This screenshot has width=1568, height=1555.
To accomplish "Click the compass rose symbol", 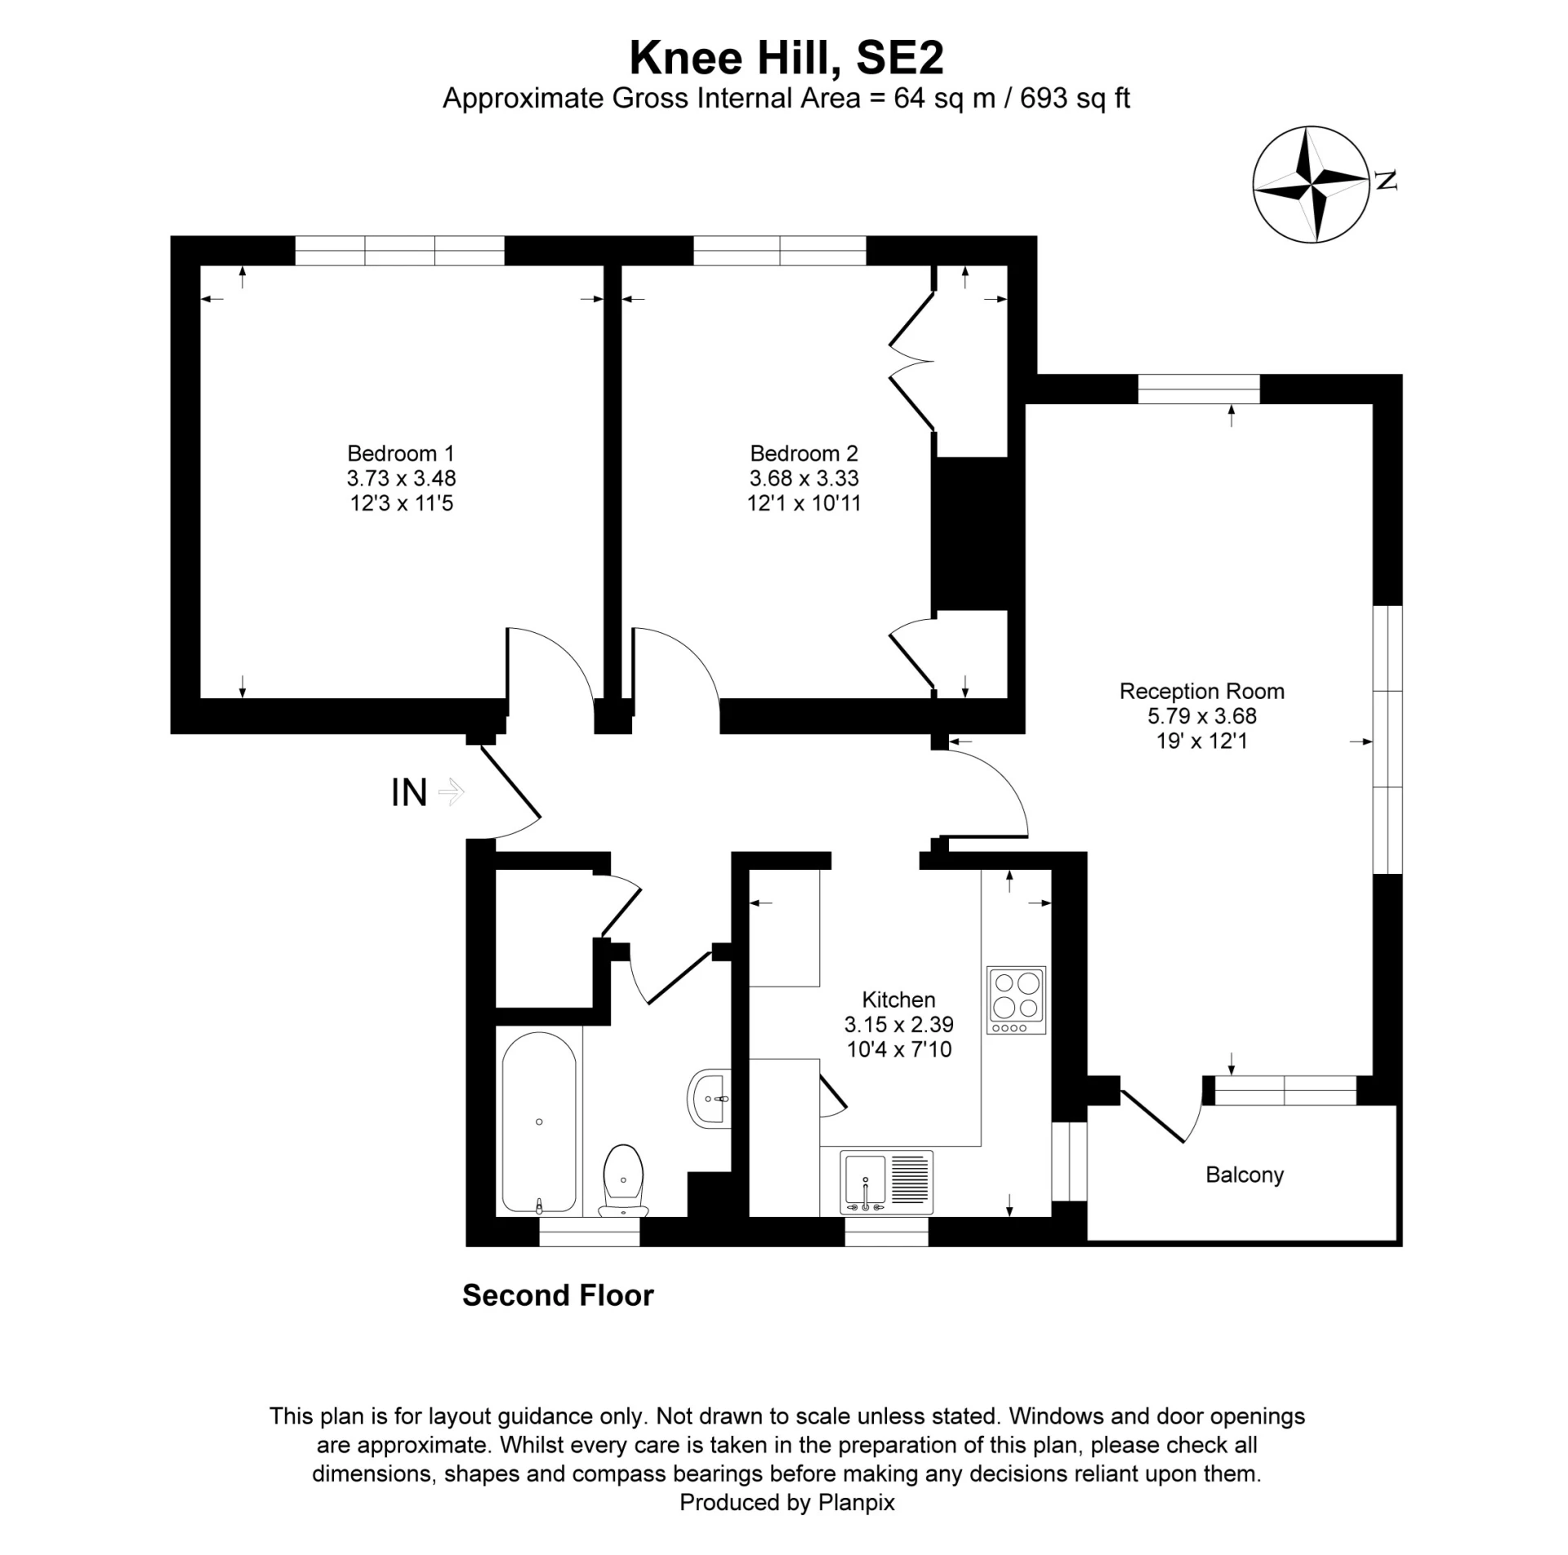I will point(1310,185).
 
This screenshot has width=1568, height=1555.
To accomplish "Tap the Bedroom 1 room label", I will point(400,453).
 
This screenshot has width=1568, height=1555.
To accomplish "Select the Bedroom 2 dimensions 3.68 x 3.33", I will point(804,478).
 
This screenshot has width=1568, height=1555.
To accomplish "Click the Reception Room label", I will point(1201,691).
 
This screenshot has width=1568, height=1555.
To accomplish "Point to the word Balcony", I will point(1244,1174).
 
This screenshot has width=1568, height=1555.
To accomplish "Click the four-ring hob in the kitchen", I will point(1016,1000).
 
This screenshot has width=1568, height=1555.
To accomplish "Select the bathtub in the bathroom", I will point(538,1122).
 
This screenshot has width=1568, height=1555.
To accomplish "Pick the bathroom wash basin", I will point(710,1099).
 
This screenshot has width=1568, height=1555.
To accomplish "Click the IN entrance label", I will point(409,792).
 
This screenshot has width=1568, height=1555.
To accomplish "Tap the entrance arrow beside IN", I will point(452,791).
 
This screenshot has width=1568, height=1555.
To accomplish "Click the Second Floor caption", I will point(558,1295).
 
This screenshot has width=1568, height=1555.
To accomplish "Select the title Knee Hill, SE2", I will point(786,57).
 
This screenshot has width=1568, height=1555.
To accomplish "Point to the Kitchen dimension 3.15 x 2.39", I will point(898,1024).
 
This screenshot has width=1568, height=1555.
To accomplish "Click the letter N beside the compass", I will point(1385,180).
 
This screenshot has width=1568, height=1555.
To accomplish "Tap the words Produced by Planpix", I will point(786,1502).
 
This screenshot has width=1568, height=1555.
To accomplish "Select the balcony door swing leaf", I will point(1152,1116).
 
